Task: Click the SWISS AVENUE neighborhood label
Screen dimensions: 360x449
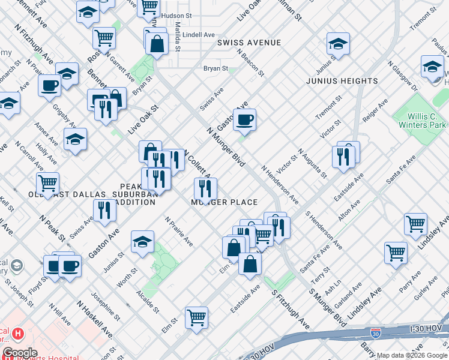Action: tap(249, 43)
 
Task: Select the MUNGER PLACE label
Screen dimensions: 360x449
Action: tap(224, 202)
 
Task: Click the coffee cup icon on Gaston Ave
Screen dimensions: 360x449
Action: tap(244, 120)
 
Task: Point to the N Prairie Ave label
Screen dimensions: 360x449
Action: tap(179, 232)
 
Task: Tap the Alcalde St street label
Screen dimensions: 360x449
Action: tap(147, 302)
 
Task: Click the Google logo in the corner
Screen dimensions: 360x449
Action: tap(20, 353)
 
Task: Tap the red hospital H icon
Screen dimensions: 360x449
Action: tap(19, 333)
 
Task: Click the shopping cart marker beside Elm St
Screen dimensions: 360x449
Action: tap(196, 318)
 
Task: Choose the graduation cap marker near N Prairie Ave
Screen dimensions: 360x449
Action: tap(143, 242)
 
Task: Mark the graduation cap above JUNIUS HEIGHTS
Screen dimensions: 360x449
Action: tap(338, 44)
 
